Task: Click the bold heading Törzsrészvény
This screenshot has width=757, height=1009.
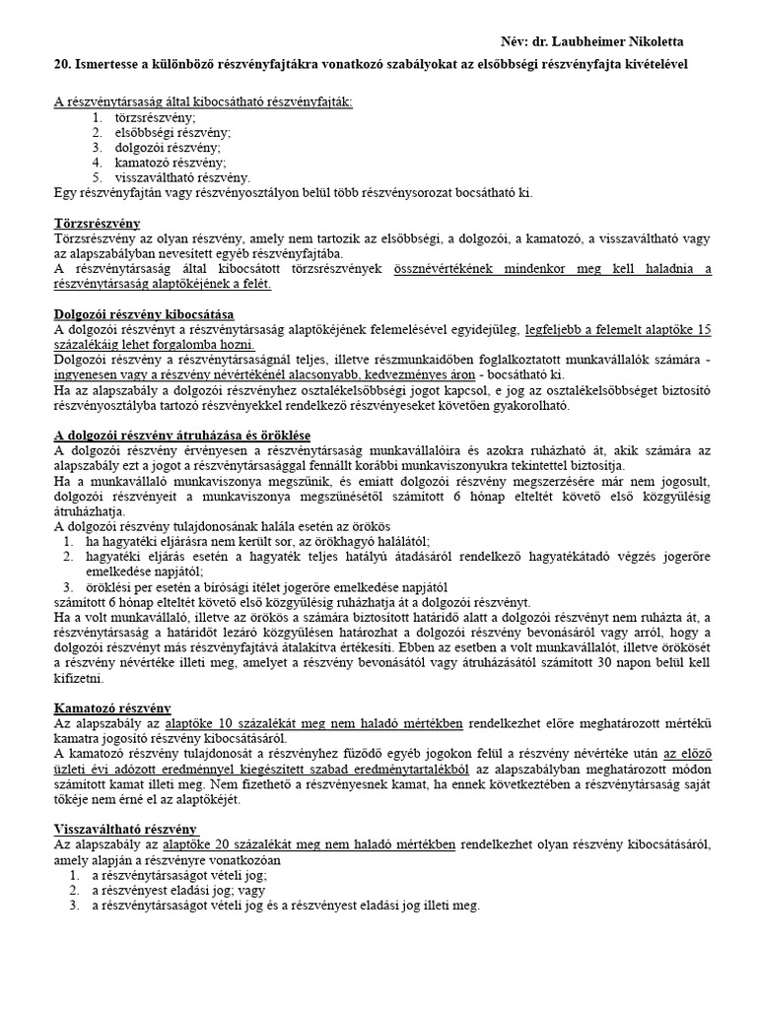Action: tap(97, 224)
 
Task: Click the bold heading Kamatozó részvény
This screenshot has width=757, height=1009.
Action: tap(111, 707)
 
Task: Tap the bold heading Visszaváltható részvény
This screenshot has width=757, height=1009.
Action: tap(125, 828)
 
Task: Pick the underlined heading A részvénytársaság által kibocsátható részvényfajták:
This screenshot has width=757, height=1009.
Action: tap(202, 101)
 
